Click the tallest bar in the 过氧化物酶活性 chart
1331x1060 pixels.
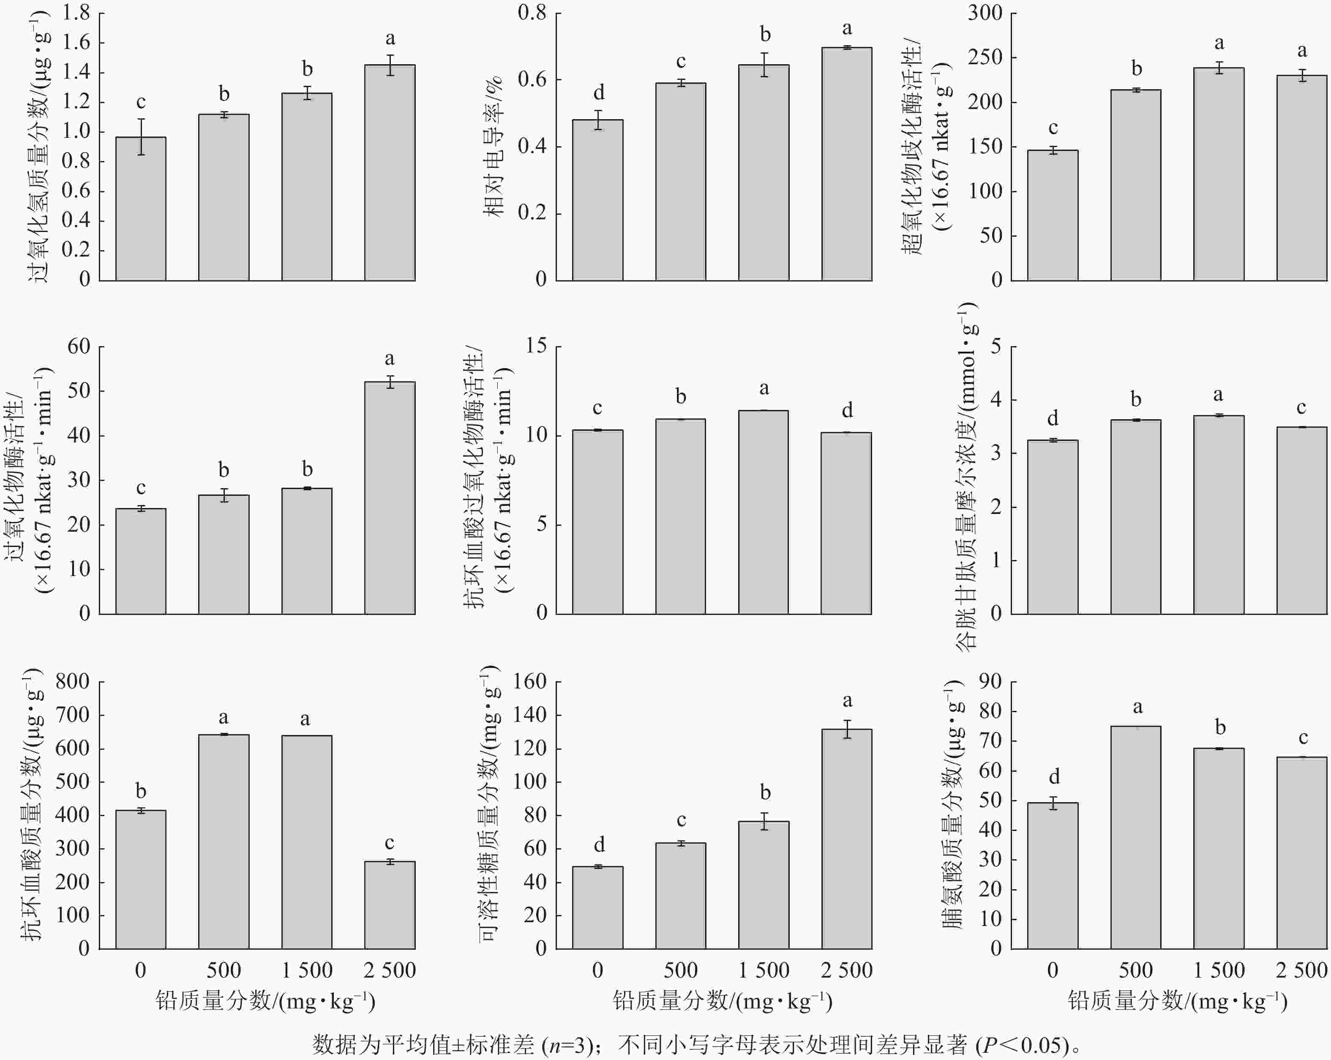point(390,497)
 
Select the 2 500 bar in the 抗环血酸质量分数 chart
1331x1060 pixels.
point(390,904)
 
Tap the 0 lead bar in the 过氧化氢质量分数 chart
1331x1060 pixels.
point(141,209)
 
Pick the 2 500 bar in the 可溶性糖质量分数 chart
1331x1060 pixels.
point(846,839)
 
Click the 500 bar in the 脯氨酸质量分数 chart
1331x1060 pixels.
point(1135,837)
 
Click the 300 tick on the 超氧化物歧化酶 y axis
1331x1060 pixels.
point(985,13)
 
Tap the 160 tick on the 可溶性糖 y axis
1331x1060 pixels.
point(530,682)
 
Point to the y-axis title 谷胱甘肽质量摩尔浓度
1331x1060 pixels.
point(967,476)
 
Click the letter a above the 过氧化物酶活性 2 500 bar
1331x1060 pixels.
point(390,359)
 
